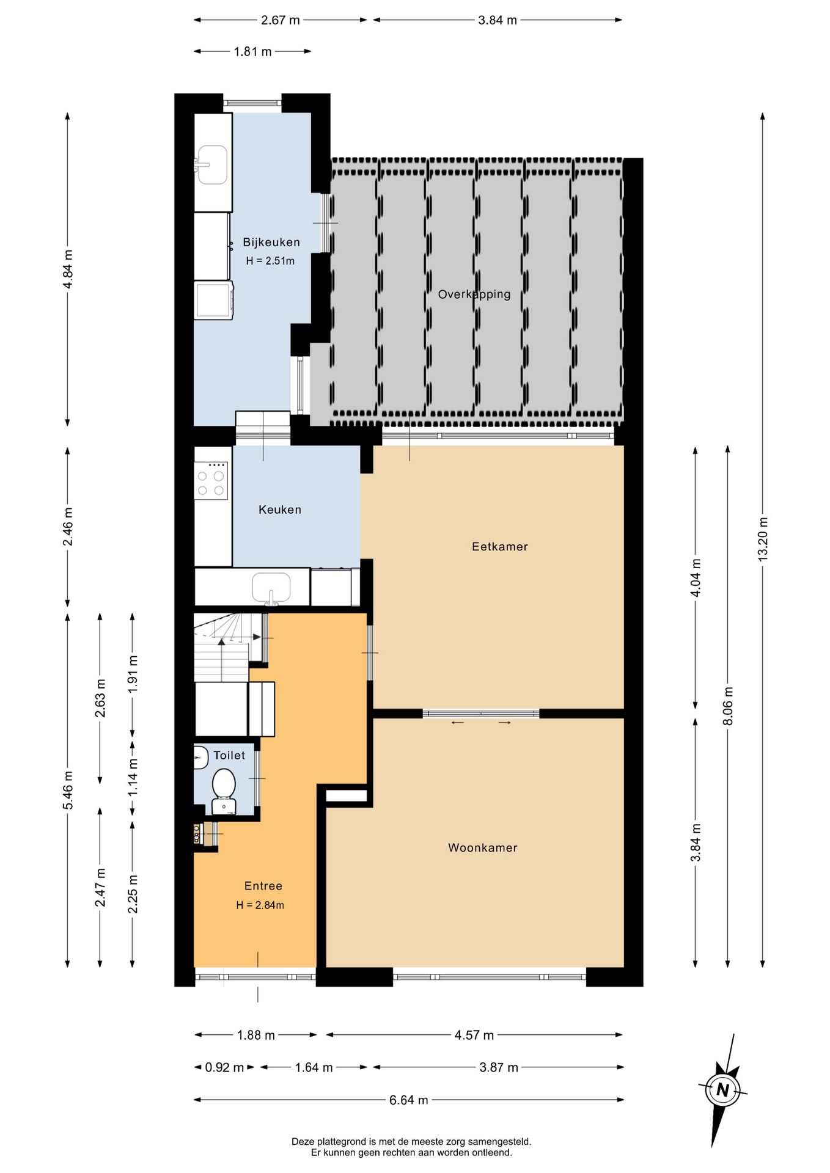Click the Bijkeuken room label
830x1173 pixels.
[271, 242]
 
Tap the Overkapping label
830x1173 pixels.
[474, 294]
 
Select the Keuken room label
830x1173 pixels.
[280, 510]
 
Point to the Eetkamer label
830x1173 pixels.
[500, 547]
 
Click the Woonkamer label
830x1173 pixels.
[483, 848]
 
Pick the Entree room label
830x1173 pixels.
[263, 886]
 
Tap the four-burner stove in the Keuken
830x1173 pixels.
[211, 480]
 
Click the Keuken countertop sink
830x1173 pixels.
[272, 588]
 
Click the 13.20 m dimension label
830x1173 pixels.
[763, 539]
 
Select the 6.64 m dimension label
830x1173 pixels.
[409, 1100]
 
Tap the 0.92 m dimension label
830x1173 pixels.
[224, 1067]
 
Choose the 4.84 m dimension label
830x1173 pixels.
[68, 269]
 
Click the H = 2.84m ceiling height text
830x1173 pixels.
[260, 905]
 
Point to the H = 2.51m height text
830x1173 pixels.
[270, 261]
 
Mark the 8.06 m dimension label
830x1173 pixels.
[728, 706]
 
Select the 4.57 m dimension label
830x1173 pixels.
[474, 1035]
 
